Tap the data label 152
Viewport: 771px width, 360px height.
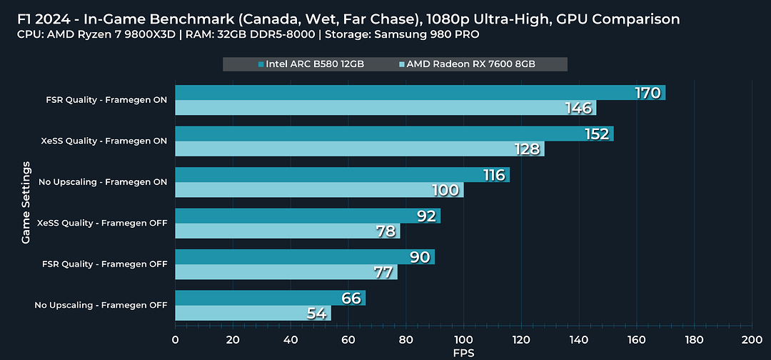point(596,134)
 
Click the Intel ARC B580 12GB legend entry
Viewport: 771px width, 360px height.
point(311,64)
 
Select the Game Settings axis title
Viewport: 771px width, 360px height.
point(26,203)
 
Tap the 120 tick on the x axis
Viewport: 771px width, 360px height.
point(521,340)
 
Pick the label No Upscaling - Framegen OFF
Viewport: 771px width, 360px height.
point(101,305)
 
